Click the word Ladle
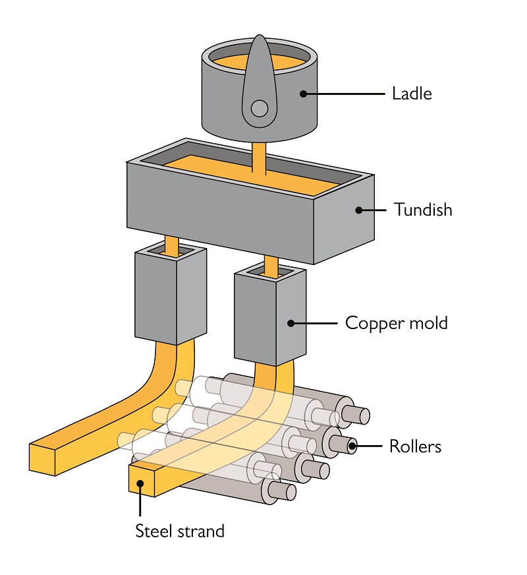click(x=412, y=94)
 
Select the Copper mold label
click(x=396, y=323)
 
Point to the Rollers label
click(x=414, y=446)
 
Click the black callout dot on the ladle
click(x=304, y=94)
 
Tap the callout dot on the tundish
click(x=359, y=210)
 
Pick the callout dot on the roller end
click(x=352, y=446)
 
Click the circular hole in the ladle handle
click(x=260, y=107)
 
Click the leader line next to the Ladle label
click(x=346, y=94)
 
